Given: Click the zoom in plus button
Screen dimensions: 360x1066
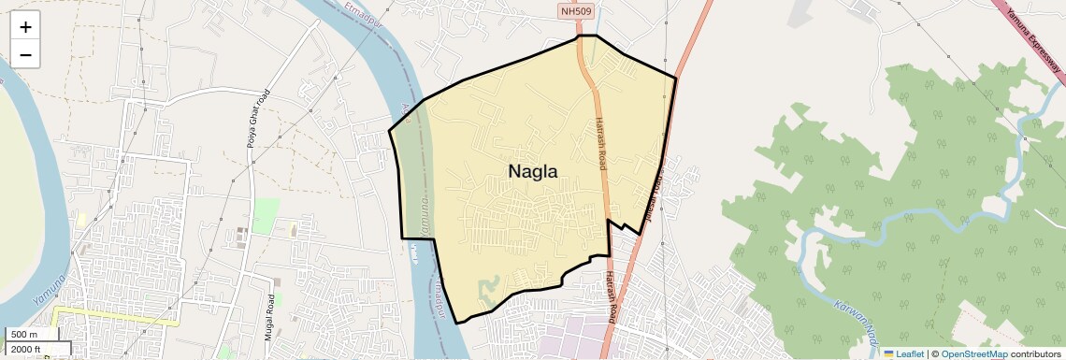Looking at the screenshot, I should point(25,27).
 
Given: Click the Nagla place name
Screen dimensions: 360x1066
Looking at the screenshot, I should point(533,171).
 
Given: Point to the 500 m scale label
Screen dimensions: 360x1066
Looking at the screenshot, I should point(24,335).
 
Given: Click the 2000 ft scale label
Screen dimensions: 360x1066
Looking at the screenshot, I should point(26,349).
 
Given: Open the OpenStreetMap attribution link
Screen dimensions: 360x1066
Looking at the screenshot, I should point(973,353).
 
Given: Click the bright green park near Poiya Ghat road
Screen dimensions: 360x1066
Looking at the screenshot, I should point(266,214).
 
